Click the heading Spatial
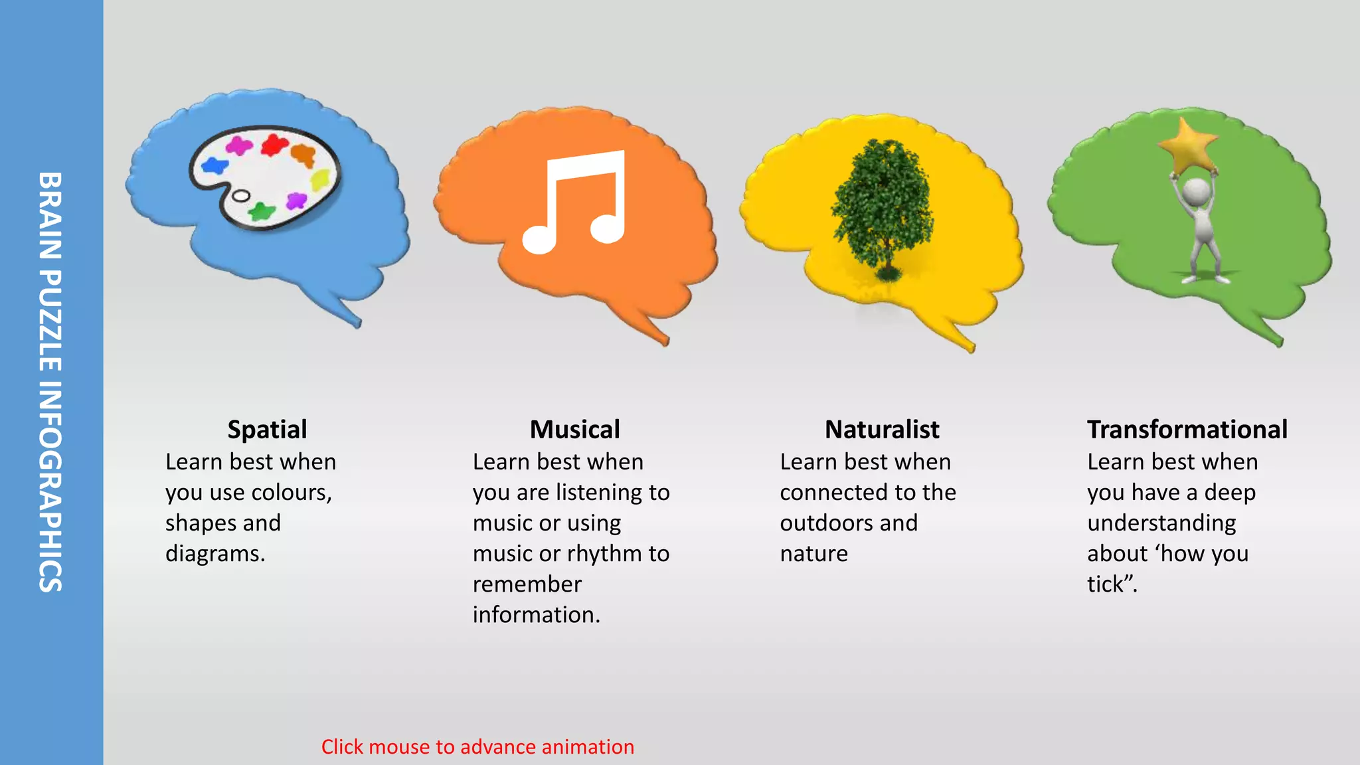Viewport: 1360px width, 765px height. (267, 430)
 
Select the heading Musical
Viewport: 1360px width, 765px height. (574, 430)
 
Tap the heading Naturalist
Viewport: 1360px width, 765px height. (882, 430)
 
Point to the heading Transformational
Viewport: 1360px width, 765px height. (1187, 430)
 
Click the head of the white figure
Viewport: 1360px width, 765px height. (1196, 192)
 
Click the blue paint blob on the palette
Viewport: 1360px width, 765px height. (214, 165)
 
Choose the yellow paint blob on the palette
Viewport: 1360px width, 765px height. (321, 179)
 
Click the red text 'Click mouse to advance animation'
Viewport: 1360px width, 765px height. (477, 747)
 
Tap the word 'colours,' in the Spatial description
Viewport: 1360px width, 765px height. (292, 493)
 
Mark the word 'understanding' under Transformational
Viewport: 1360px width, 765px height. (1161, 523)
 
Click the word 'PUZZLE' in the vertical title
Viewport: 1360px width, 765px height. (50, 321)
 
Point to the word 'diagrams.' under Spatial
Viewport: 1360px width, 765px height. (215, 554)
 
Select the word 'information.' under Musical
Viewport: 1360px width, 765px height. (536, 615)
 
